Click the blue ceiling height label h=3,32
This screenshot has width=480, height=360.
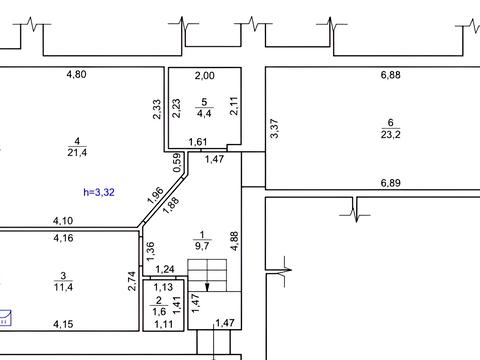pos(99,192)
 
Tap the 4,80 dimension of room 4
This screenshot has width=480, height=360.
pos(76,74)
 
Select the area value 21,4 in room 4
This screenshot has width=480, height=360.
pos(77,153)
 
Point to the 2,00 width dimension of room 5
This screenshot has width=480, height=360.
pos(205,76)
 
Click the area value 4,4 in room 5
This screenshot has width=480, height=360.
pos(204,113)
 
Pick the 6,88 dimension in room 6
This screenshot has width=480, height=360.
pos(390,75)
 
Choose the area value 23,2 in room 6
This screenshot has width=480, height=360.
pos(391,134)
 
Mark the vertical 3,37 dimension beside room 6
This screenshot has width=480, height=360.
pos(274,129)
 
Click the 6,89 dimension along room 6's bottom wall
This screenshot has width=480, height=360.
pos(390,183)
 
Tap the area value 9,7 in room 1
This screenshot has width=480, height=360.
pos(202,246)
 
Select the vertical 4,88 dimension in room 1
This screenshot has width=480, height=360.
pos(235,241)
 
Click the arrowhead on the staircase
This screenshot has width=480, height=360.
pos(207,287)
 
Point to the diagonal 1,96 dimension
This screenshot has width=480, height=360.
pos(155,196)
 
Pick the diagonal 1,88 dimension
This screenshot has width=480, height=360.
pos(171,205)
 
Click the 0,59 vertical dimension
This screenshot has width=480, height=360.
pos(178,162)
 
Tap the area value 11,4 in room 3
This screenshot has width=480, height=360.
pos(63,287)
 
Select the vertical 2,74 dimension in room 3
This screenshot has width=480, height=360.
pos(132,281)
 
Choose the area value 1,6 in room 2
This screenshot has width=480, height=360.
pos(159,312)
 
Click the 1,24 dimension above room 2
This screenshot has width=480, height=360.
pos(165,269)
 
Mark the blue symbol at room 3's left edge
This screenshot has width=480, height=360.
pos(5,318)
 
